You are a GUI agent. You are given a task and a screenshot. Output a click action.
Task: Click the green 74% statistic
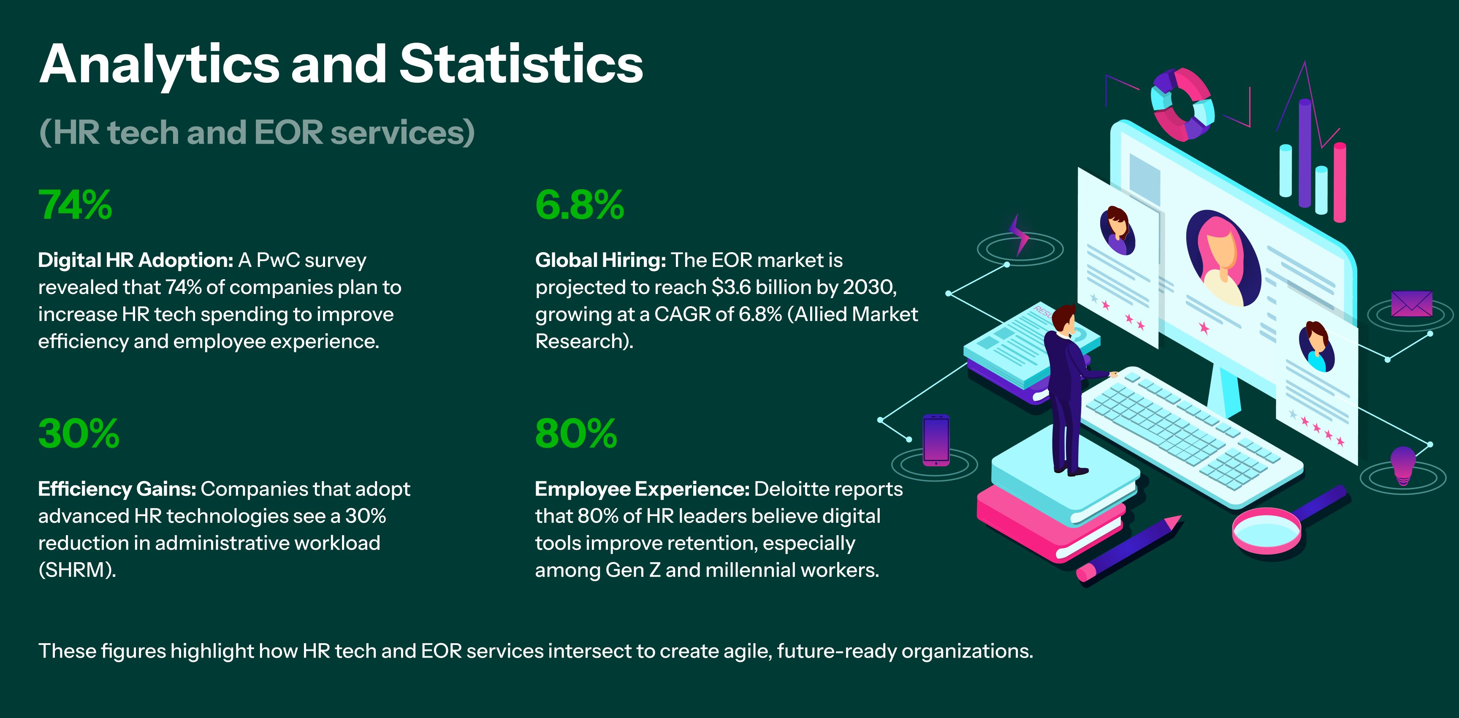tap(75, 205)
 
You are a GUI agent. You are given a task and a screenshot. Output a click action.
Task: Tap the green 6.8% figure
tap(579, 205)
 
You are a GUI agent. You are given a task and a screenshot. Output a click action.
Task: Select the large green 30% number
tap(78, 434)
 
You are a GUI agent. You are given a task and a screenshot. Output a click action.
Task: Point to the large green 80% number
tap(575, 434)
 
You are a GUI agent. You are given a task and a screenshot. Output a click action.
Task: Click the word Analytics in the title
tap(159, 65)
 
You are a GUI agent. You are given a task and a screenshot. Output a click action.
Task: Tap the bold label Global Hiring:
tap(600, 260)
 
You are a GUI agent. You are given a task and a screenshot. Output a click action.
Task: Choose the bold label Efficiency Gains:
tap(117, 489)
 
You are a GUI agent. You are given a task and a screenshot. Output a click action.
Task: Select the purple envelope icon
tap(1411, 304)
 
